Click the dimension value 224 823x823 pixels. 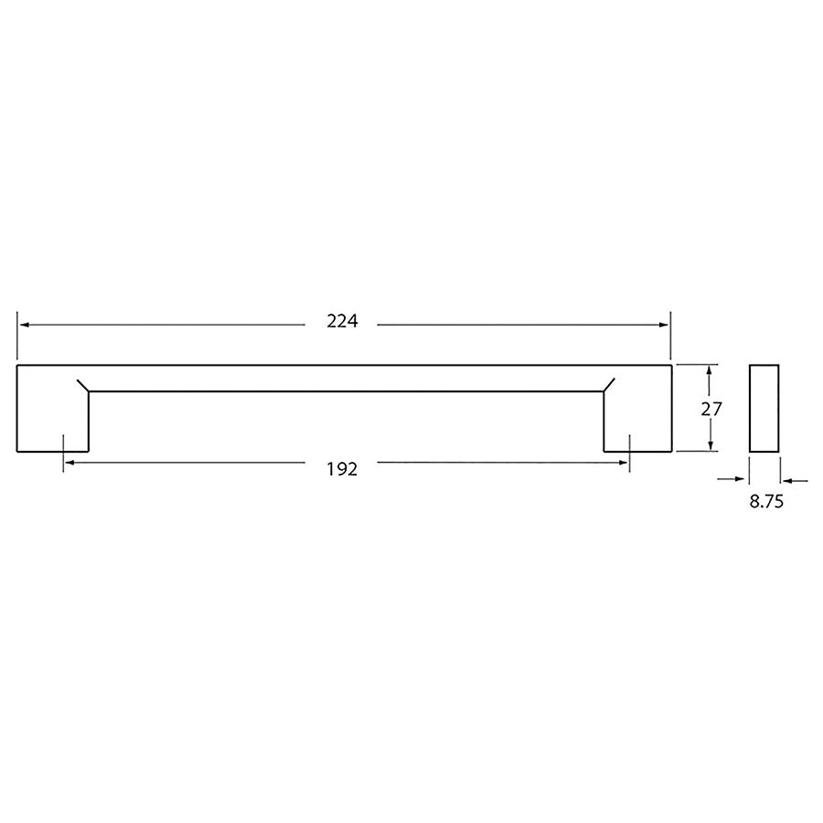click(x=341, y=322)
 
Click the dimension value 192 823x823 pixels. click(x=341, y=469)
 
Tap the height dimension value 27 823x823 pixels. click(x=711, y=409)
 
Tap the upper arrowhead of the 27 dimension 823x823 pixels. click(x=710, y=370)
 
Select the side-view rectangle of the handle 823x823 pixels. click(x=764, y=408)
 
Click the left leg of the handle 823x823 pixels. click(x=52, y=421)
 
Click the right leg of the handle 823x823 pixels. click(x=637, y=421)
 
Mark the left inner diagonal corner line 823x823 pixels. click(x=82, y=384)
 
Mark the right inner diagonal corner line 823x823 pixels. click(x=609, y=384)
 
